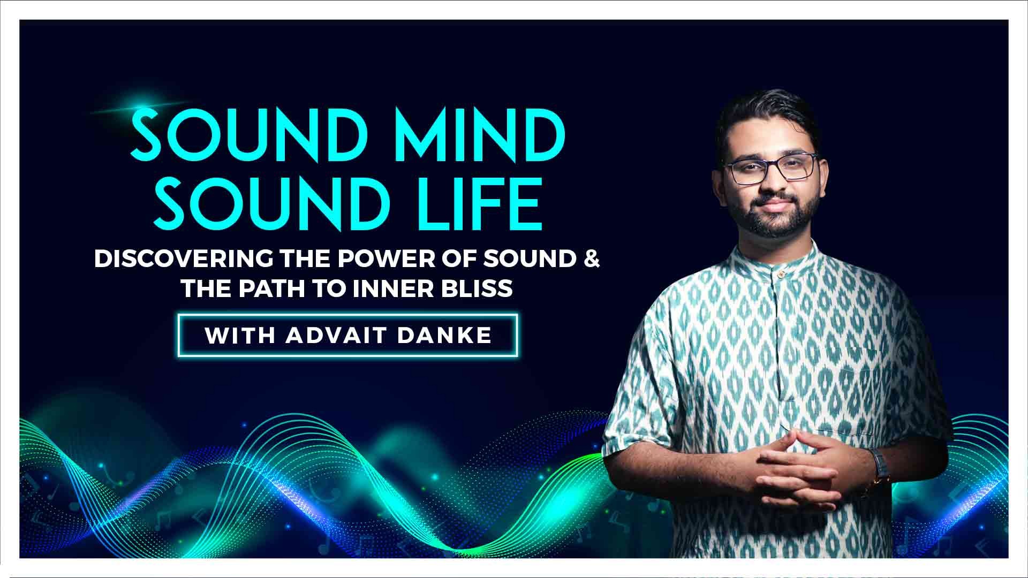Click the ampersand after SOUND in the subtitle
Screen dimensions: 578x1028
(x=592, y=260)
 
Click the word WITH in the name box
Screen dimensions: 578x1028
(x=239, y=336)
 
